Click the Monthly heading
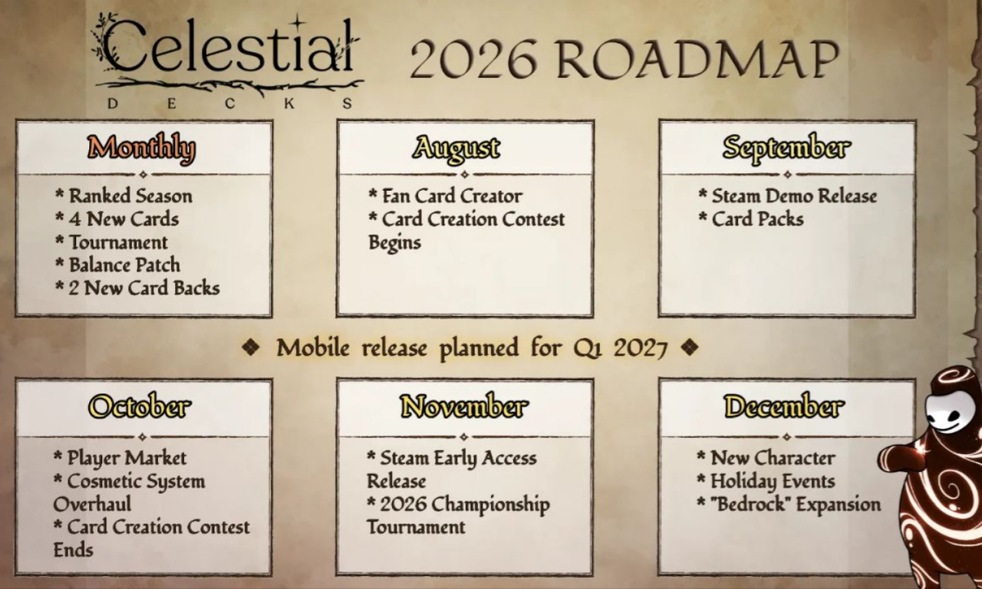[141, 148]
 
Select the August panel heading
[456, 148]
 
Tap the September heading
[786, 148]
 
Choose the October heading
[140, 406]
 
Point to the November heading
[464, 406]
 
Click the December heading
[784, 406]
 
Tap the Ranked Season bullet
[124, 196]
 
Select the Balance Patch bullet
[118, 265]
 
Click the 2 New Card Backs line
[137, 288]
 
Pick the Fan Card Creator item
[446, 196]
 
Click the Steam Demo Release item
[788, 196]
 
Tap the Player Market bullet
[120, 458]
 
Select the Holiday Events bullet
[766, 481]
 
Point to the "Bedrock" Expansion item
[789, 504]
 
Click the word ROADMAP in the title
[698, 59]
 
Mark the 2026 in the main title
[474, 59]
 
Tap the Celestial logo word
[228, 45]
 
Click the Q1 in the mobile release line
[588, 348]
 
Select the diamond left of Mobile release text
[251, 347]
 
